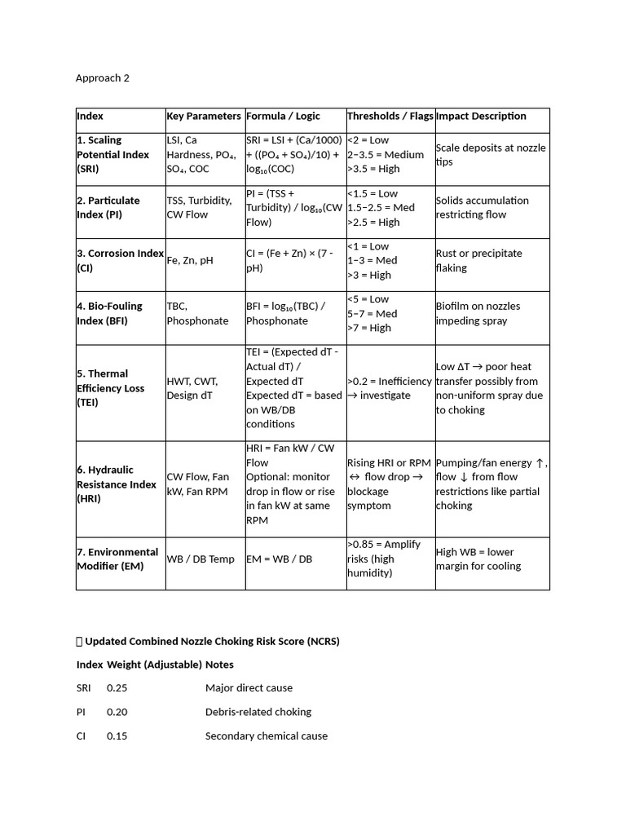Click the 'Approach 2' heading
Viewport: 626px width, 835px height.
[103, 78]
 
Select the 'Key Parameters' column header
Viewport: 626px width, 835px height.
[204, 116]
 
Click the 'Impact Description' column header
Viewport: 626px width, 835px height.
[481, 116]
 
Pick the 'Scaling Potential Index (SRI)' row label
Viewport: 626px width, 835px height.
[114, 154]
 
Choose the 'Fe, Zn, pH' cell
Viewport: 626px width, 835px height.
[190, 261]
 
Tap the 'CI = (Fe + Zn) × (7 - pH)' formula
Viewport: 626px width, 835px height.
[289, 260]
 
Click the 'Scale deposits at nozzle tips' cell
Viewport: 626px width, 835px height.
[491, 154]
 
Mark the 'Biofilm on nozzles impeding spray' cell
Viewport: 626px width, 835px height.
[478, 313]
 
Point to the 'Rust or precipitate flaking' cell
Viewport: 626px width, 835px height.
[478, 260]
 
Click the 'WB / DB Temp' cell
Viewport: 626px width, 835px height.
[200, 559]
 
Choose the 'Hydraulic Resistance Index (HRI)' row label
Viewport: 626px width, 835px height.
[117, 484]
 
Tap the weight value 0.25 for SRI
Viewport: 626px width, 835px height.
[117, 687]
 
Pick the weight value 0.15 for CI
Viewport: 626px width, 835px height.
[117, 736]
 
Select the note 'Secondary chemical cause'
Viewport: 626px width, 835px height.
[267, 736]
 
